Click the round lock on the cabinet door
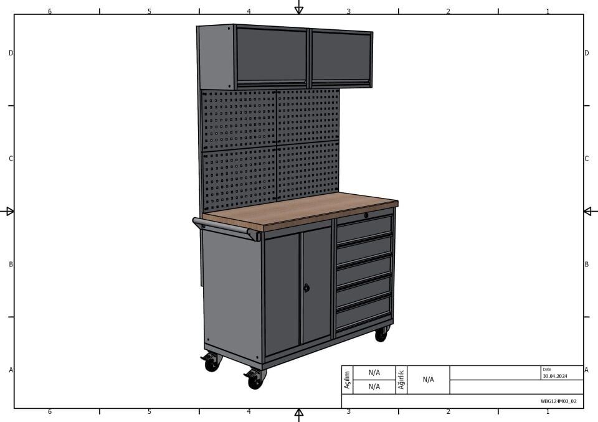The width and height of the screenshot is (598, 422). (x=306, y=288)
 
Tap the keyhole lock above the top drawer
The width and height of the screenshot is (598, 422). (x=366, y=215)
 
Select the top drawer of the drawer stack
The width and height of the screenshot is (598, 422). (x=364, y=228)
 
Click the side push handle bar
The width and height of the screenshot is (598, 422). (x=225, y=228)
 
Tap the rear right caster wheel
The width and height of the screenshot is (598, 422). (x=381, y=334)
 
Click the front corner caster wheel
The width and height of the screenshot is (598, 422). (x=255, y=380)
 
